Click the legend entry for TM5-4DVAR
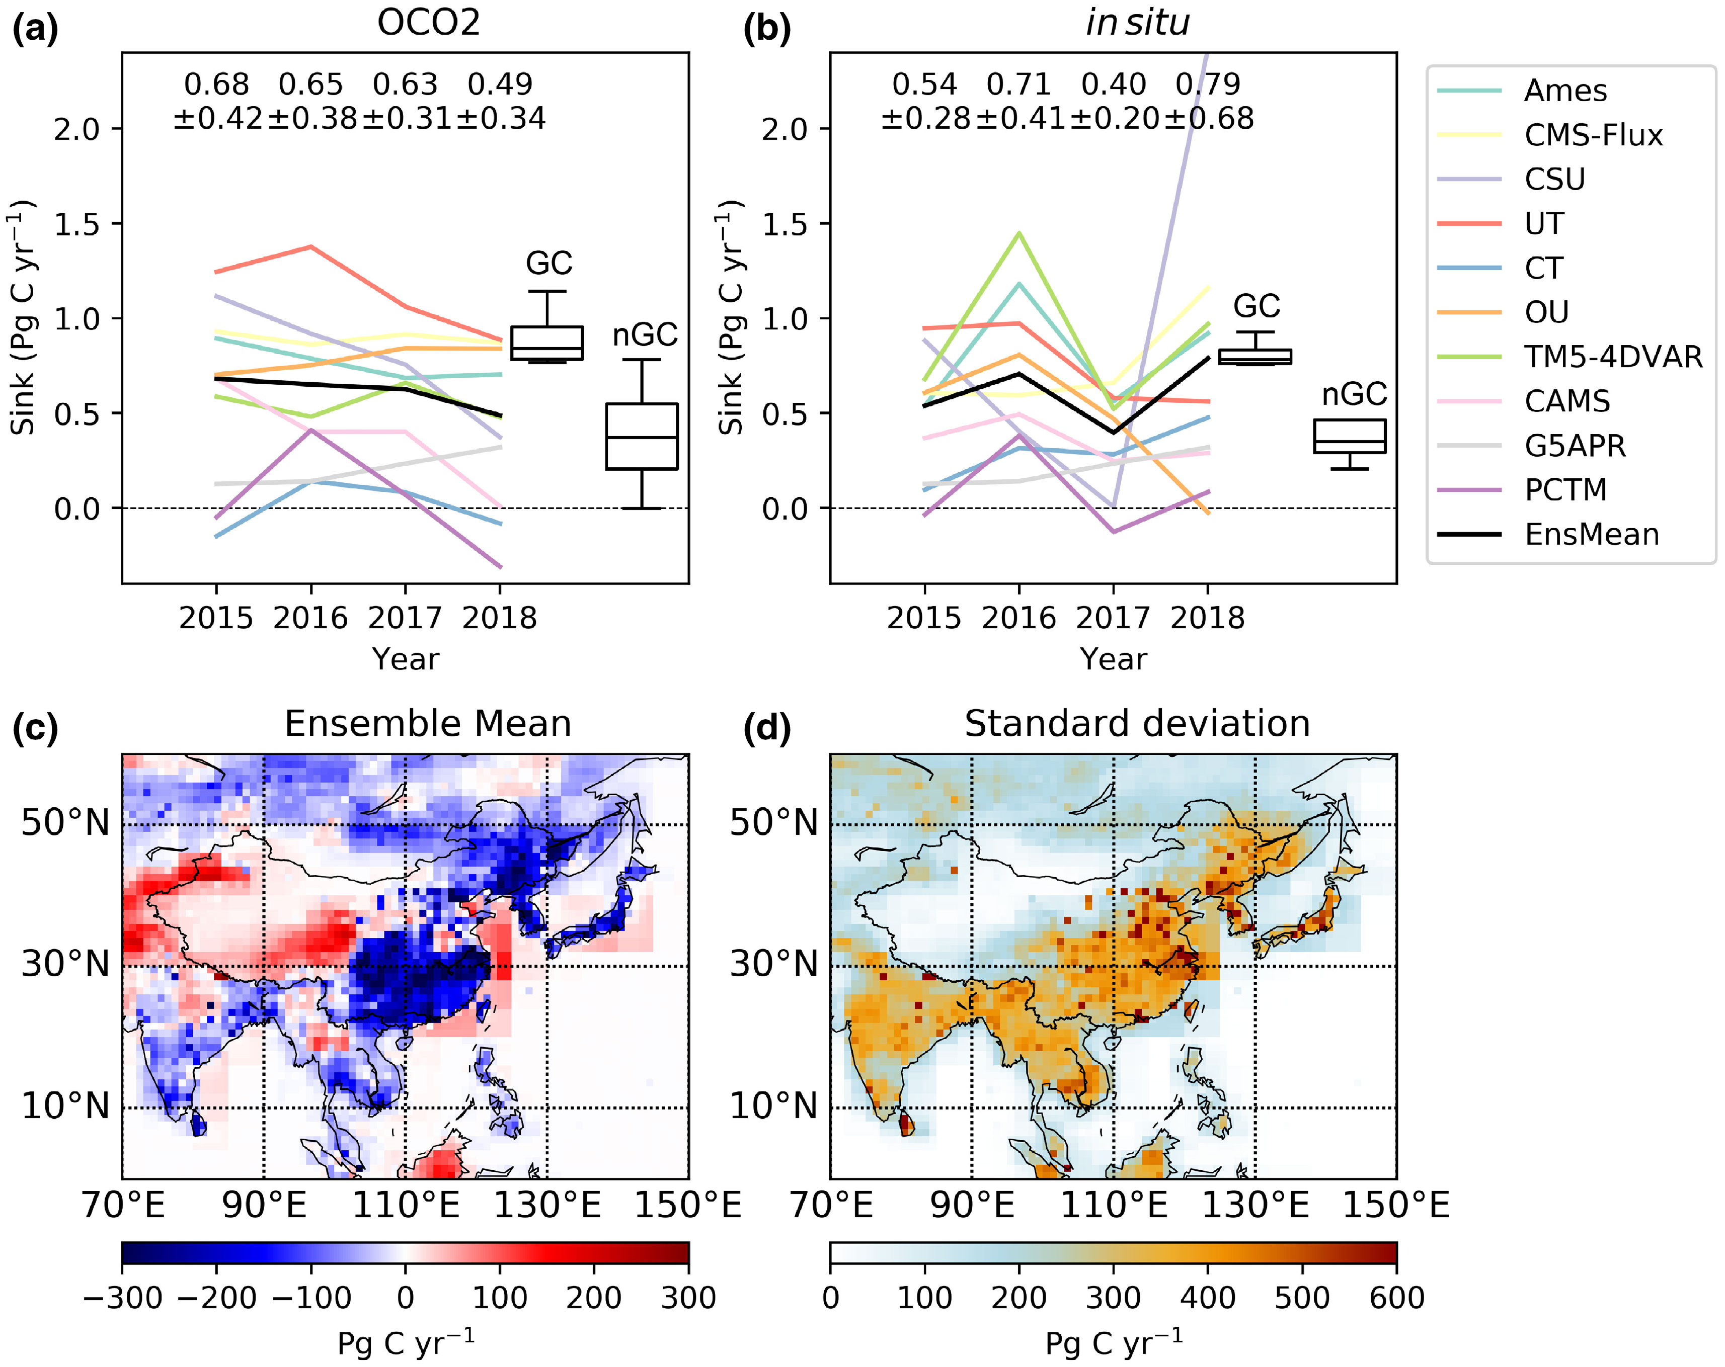point(1613,357)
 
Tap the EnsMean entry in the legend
point(1591,534)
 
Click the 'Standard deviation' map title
point(1137,723)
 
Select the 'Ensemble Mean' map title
point(428,723)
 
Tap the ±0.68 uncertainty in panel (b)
point(1208,118)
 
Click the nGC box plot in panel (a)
point(642,437)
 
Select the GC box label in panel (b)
point(1256,306)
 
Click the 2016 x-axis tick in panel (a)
point(310,618)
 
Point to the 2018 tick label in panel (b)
point(1207,618)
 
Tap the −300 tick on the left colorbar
point(122,1298)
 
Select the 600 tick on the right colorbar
point(1396,1298)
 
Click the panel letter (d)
point(766,728)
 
